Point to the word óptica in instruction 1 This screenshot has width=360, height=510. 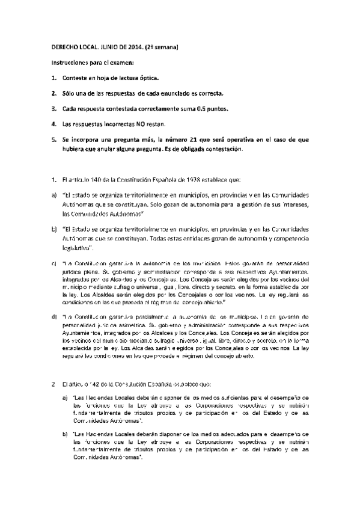click(x=154, y=78)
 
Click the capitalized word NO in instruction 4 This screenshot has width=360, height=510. click(x=132, y=124)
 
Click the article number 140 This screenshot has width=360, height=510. click(x=88, y=179)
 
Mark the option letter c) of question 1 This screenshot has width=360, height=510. click(x=53, y=262)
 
